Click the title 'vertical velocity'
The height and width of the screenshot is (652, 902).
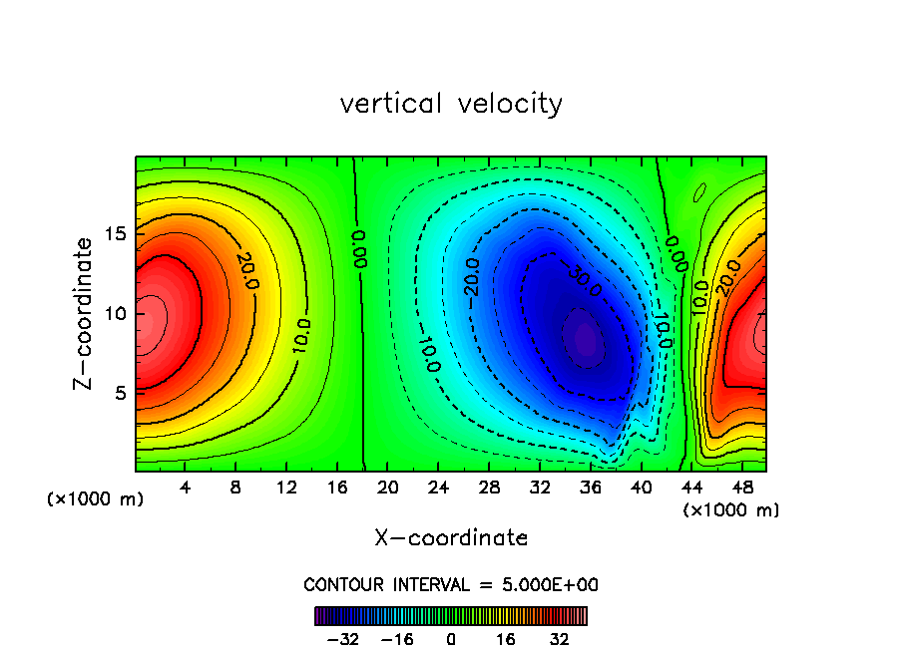[x=451, y=104]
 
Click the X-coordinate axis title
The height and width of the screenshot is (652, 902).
[x=451, y=538]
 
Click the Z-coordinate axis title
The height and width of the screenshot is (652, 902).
[x=87, y=313]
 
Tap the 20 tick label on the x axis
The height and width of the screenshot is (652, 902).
[x=388, y=489]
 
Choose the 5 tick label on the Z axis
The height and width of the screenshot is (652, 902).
[x=118, y=393]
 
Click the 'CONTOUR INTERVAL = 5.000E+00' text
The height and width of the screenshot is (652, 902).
[x=451, y=584]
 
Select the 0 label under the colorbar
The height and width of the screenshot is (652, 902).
[x=451, y=639]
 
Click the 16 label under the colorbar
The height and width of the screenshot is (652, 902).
[x=507, y=639]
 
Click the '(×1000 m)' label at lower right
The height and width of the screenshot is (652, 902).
[x=731, y=510]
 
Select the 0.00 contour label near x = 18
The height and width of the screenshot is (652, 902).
[x=360, y=249]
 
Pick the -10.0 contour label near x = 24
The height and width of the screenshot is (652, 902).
[x=427, y=354]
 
